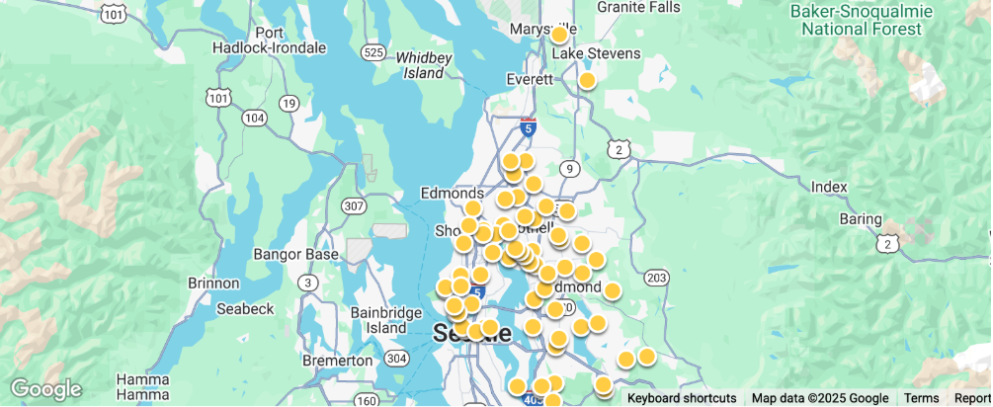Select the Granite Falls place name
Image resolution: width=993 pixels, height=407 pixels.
(639, 7)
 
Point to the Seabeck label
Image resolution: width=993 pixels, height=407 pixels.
(244, 308)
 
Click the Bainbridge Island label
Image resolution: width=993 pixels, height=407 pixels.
(385, 320)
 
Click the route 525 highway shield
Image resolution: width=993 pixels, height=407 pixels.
(372, 52)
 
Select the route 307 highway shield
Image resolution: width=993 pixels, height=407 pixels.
(353, 205)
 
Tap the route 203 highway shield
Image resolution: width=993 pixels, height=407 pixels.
(656, 279)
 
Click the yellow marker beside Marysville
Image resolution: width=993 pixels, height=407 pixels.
(559, 35)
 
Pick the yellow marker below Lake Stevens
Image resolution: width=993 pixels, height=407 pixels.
(587, 81)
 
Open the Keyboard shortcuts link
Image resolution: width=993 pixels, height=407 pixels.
(682, 398)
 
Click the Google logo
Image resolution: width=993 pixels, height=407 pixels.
(45, 390)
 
